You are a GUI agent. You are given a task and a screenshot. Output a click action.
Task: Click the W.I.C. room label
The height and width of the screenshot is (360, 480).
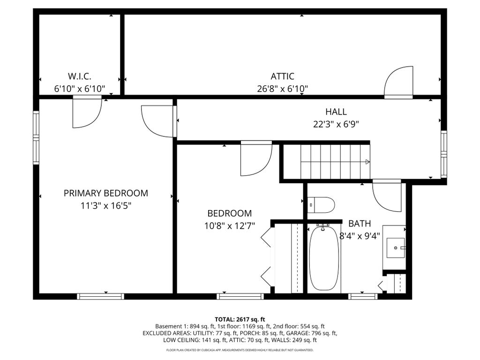point(79,76)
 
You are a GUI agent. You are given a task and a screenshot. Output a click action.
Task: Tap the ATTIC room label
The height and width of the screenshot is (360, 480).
point(282,76)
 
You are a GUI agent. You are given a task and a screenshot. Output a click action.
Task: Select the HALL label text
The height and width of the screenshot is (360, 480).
point(336,112)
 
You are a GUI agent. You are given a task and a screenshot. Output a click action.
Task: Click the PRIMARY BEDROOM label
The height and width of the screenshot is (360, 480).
point(105,193)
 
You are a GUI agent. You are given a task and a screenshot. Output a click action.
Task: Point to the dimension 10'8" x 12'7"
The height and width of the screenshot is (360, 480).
point(230,226)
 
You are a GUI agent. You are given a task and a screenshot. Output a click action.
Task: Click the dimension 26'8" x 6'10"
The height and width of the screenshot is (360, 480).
point(282,89)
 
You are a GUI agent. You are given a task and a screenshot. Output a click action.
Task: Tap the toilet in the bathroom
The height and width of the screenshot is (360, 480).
point(321,205)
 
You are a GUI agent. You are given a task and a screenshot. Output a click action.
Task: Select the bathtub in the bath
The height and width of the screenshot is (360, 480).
point(324,258)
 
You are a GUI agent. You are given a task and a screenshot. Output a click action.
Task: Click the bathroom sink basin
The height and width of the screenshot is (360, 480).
point(396,247)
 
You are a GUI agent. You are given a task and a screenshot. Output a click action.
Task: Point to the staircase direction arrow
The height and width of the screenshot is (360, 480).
point(367,162)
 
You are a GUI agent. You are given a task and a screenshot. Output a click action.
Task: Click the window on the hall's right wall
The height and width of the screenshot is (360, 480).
point(443,154)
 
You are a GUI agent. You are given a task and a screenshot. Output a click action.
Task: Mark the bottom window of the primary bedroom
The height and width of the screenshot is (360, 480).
point(100,296)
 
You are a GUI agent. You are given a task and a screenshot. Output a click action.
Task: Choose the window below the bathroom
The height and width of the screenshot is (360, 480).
point(363,296)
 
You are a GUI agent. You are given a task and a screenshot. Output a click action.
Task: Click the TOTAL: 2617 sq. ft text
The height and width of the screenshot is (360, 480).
point(240,320)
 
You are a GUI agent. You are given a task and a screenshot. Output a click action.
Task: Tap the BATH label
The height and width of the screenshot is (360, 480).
point(360,224)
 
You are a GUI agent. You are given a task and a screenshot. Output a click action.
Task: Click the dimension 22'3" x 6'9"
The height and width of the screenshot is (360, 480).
point(336,124)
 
